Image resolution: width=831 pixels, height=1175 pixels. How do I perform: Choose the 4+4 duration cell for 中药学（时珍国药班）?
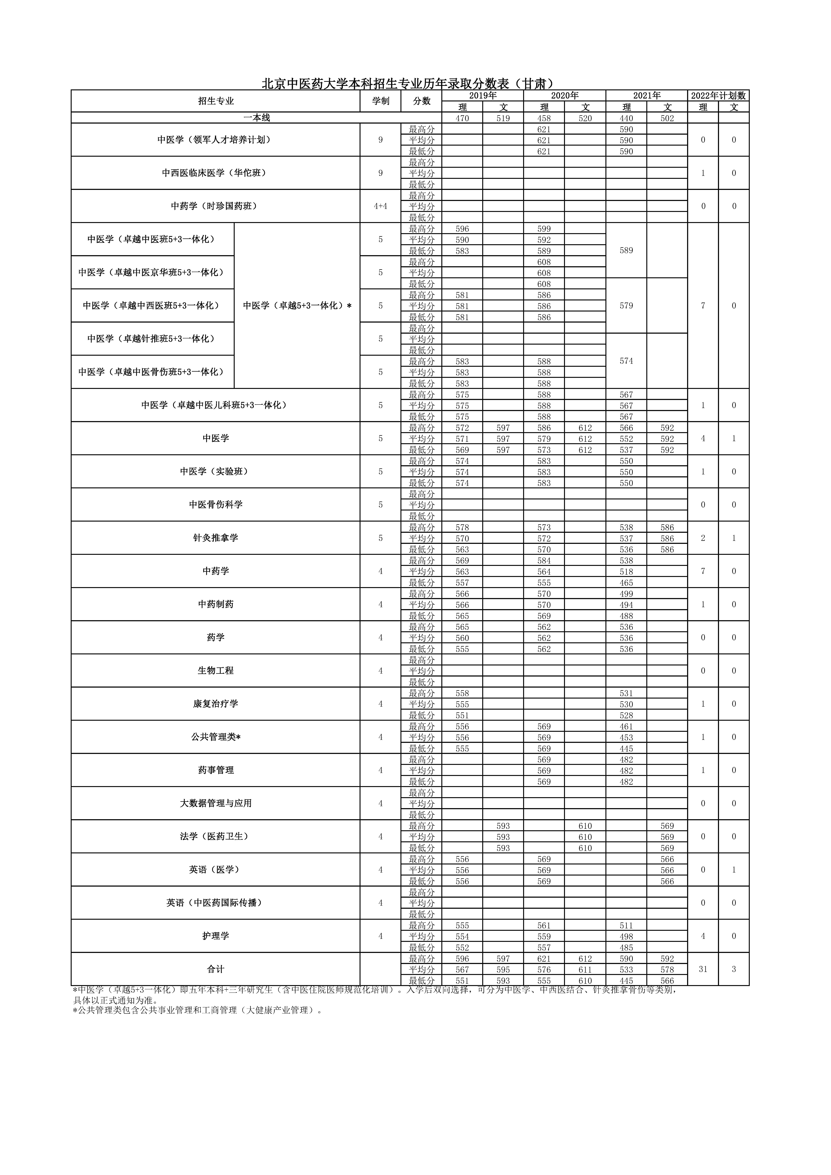[x=380, y=206]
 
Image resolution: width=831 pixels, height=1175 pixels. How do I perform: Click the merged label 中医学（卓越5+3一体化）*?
[x=297, y=306]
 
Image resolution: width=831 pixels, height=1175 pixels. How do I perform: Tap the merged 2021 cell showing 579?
[x=626, y=306]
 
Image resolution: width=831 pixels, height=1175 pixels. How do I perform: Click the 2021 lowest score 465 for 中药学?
[x=626, y=582]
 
